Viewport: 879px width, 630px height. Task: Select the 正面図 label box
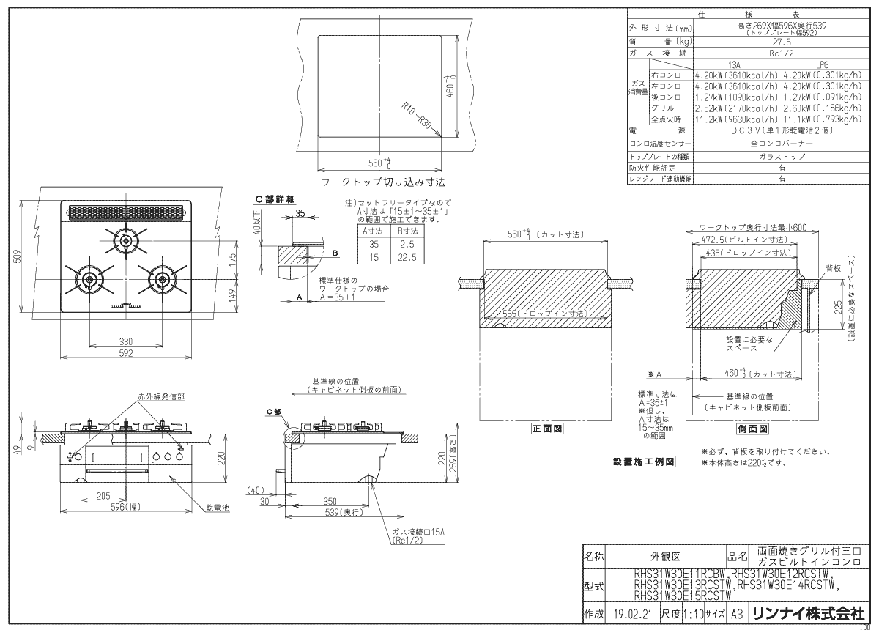tap(547, 429)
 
